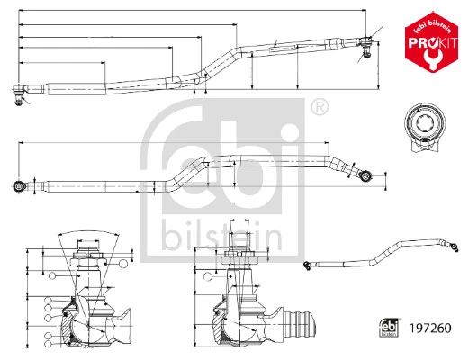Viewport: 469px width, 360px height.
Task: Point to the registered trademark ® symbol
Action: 318,108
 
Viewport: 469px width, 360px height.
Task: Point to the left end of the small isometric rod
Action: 307,264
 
